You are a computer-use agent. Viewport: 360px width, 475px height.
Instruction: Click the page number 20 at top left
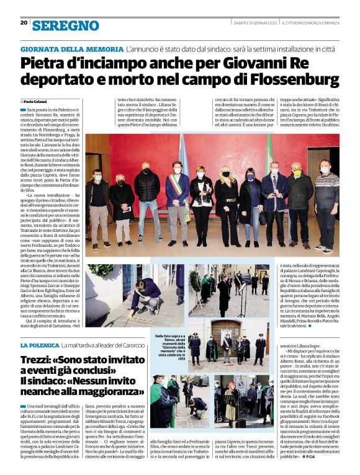coord(24,23)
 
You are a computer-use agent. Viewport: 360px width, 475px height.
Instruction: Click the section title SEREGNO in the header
coord(65,25)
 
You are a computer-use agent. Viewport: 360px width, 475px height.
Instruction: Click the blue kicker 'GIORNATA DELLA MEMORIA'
coord(71,48)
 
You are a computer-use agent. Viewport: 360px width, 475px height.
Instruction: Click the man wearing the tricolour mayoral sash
coord(178,198)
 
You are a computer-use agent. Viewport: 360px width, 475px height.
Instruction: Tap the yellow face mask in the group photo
coord(297,172)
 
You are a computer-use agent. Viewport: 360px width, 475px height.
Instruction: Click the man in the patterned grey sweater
coord(326,202)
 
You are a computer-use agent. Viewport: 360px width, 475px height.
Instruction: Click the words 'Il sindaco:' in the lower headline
coord(45,380)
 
